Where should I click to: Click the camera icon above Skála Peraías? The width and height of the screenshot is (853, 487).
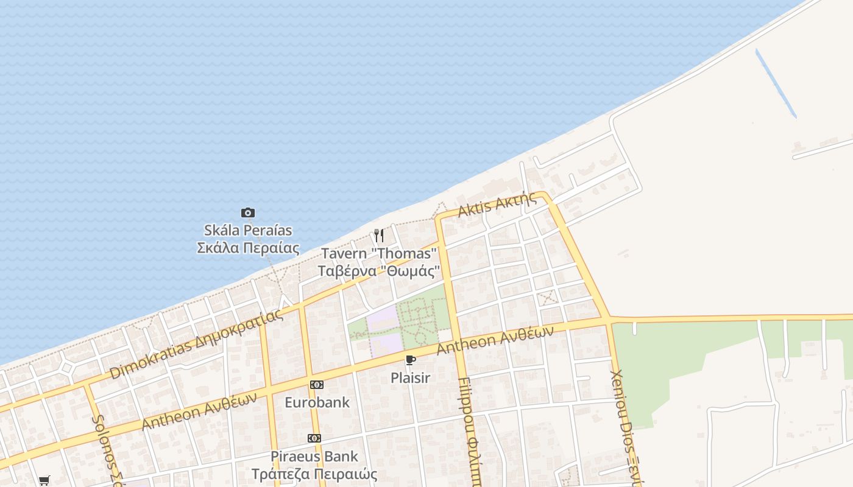click(x=247, y=212)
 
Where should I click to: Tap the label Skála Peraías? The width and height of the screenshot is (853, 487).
click(x=248, y=231)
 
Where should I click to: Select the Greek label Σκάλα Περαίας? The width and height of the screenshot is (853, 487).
click(x=248, y=248)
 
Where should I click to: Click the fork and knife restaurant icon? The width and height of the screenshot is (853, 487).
click(x=379, y=236)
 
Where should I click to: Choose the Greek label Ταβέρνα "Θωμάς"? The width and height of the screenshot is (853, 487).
click(x=379, y=270)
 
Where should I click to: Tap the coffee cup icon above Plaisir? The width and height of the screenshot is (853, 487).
click(x=411, y=360)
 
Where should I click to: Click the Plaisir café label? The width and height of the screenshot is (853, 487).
click(x=411, y=378)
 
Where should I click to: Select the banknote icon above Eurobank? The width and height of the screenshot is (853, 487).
click(x=317, y=385)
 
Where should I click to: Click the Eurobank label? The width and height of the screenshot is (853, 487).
click(x=317, y=402)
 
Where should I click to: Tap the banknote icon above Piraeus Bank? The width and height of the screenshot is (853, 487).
click(x=314, y=438)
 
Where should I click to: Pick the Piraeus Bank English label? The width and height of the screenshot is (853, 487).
click(x=314, y=457)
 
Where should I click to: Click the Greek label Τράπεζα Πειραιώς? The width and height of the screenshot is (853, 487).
click(x=314, y=474)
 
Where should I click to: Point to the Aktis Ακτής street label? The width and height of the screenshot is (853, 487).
click(x=498, y=205)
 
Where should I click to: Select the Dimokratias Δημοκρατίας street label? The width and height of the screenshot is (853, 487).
click(x=197, y=344)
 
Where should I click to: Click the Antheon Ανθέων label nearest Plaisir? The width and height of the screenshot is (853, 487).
click(x=495, y=340)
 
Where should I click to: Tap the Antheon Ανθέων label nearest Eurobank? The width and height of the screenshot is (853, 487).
click(x=199, y=411)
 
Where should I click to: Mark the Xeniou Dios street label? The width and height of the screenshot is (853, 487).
click(x=626, y=426)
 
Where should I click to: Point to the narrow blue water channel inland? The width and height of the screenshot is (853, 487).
click(x=776, y=83)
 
